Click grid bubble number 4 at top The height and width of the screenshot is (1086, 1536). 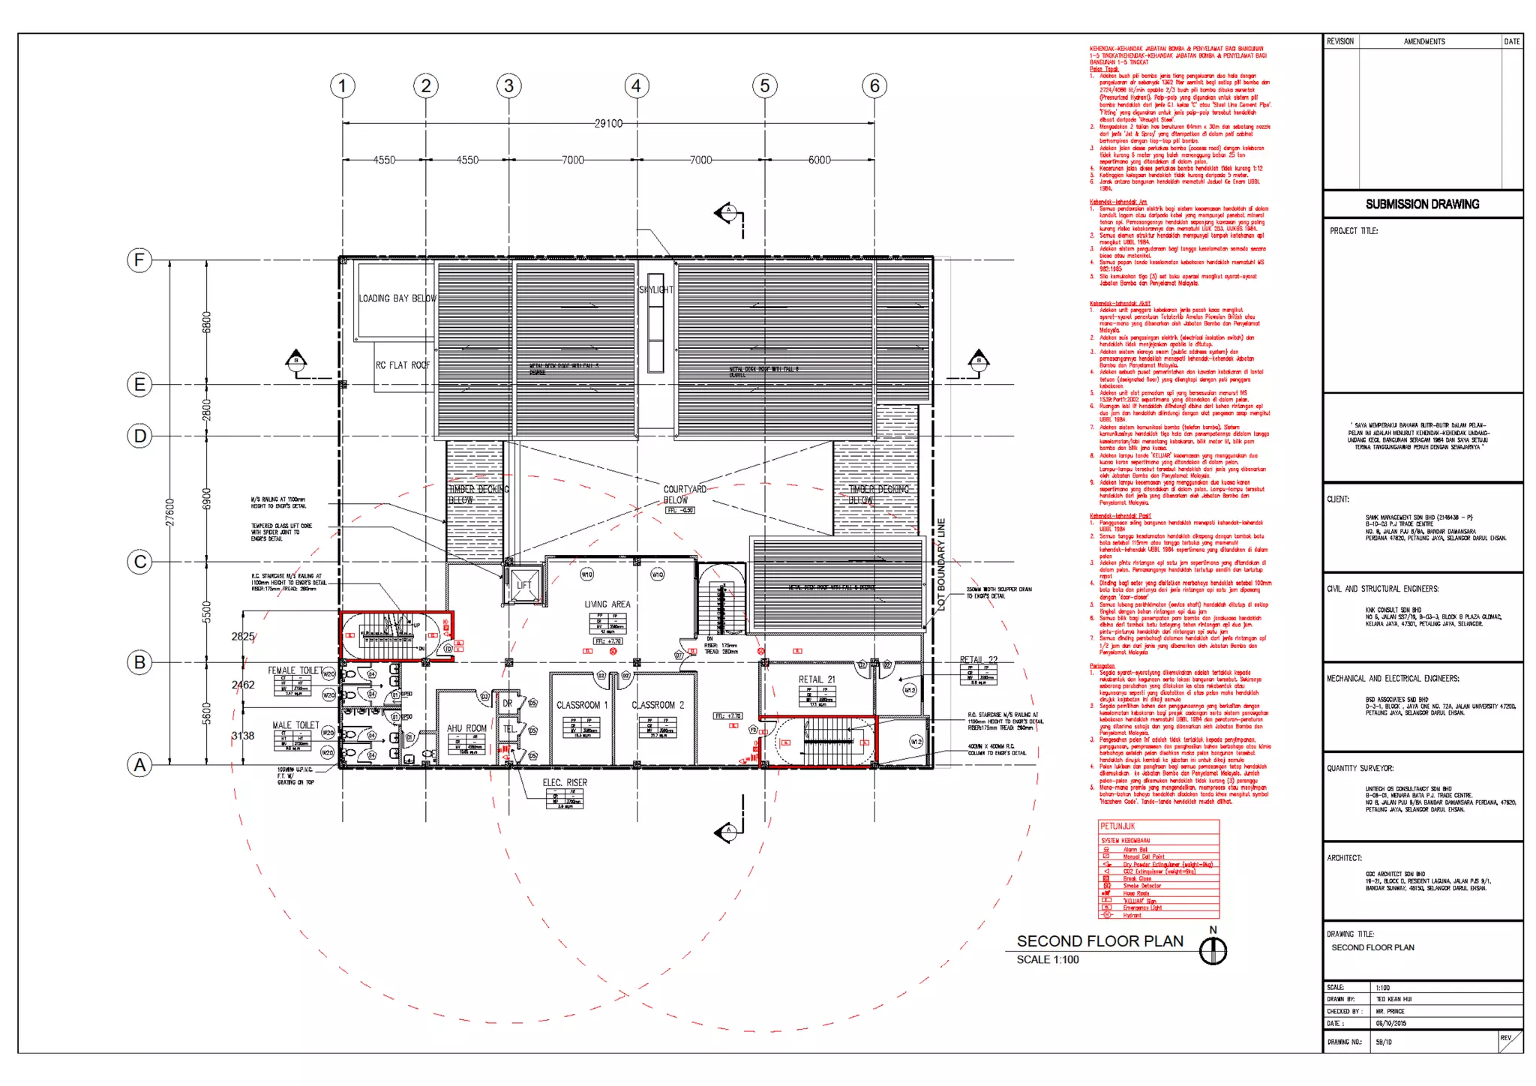coord(636,85)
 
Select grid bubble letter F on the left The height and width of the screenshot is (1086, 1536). coord(139,260)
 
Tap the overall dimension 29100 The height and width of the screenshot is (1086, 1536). coord(607,123)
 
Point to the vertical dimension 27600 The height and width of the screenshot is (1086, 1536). coord(170,511)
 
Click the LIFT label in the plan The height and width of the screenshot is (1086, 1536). coord(523,585)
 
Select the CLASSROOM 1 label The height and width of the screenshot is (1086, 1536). coord(581,705)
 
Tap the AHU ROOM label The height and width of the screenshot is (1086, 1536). coord(466,728)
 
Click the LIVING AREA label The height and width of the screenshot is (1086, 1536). coord(607,604)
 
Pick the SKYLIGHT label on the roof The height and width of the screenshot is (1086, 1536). coord(655,289)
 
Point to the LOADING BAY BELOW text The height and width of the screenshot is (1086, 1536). coord(397,298)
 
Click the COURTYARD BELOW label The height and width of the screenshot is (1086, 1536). coord(683,494)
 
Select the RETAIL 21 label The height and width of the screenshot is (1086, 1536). coord(816,679)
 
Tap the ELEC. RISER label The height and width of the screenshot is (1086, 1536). coord(565,782)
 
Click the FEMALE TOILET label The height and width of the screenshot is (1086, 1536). coord(295,670)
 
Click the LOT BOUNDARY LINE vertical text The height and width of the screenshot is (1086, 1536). coord(942,564)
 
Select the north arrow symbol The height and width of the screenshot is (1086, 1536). coord(1213,950)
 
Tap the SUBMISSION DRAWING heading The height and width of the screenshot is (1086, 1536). coord(1422,204)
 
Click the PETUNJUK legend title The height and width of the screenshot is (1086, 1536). coord(1117,826)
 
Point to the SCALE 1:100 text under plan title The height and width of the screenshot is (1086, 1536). coord(1047,959)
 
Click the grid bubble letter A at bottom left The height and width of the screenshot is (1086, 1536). coord(139,765)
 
